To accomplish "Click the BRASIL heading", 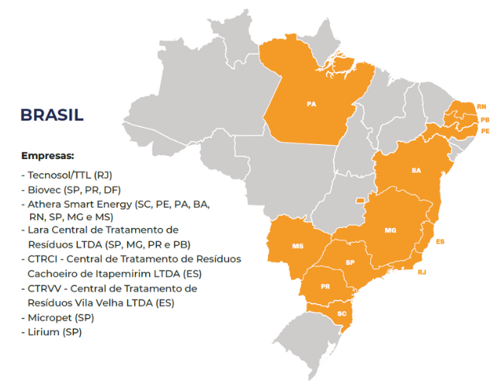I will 52,116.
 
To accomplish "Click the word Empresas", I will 47,155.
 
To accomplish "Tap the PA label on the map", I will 311,103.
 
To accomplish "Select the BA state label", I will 416,170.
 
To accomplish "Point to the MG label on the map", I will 390,230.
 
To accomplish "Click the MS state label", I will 298,246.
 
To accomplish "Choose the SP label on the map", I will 350,262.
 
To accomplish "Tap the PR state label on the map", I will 325,287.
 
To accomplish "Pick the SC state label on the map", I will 342,313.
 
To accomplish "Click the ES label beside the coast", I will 440,242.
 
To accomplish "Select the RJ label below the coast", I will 422,272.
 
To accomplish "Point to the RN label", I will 481,105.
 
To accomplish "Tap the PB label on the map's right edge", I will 484,119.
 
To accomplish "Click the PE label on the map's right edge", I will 485,131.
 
